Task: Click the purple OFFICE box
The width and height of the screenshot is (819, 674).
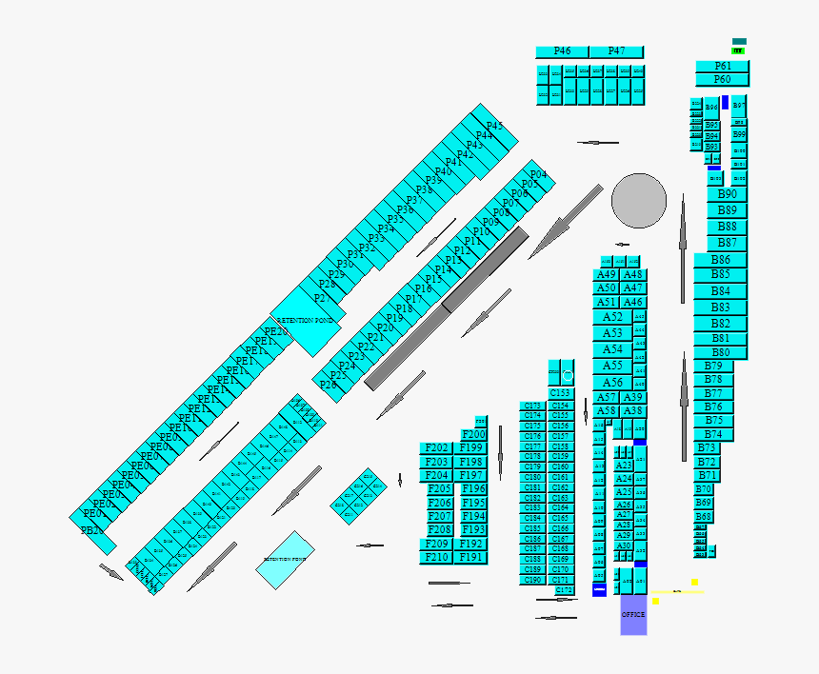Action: click(633, 615)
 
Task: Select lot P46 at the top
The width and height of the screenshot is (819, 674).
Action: click(562, 51)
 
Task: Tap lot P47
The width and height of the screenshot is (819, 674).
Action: click(616, 51)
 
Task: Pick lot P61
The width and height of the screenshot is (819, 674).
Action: click(723, 67)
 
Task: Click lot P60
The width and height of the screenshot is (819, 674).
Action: click(723, 80)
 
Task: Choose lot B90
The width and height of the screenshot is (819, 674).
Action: click(727, 194)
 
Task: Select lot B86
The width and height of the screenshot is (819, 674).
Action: click(721, 260)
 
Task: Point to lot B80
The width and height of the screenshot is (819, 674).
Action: click(721, 352)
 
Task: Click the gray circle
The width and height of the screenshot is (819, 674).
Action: click(639, 201)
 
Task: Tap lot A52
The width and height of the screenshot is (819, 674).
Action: click(612, 317)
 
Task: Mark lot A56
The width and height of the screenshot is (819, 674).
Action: click(612, 383)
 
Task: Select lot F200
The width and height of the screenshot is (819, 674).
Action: click(473, 435)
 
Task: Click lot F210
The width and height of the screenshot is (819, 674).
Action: click(436, 558)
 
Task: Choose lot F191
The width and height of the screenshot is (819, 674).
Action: click(471, 558)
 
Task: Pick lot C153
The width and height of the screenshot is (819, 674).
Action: click(561, 393)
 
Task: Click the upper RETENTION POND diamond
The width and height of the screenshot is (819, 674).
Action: click(306, 322)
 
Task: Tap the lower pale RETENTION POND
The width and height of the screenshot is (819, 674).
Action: click(285, 560)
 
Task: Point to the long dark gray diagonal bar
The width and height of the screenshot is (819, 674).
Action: click(447, 307)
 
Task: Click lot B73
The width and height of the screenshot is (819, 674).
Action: click(707, 447)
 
